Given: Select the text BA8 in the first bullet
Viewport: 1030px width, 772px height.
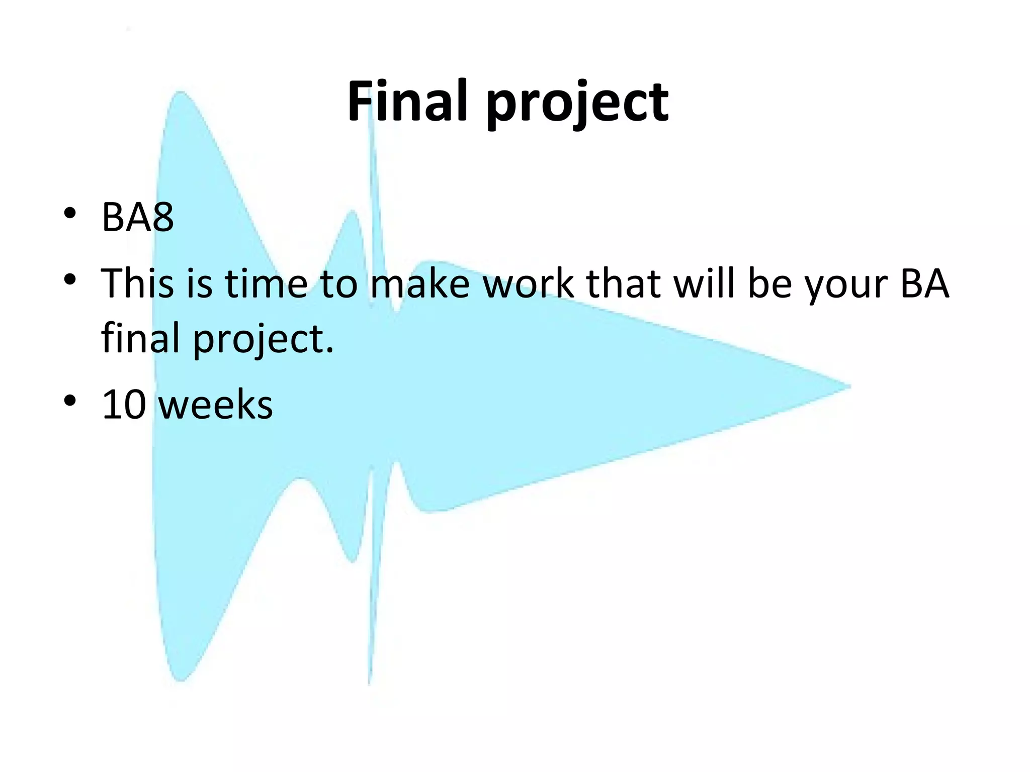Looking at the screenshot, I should [x=137, y=217].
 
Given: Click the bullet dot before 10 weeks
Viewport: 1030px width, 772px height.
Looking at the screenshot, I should [x=70, y=400].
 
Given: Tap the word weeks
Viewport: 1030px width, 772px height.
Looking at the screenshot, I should [x=215, y=405].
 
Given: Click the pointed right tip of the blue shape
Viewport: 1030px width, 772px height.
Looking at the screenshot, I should [x=849, y=387].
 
